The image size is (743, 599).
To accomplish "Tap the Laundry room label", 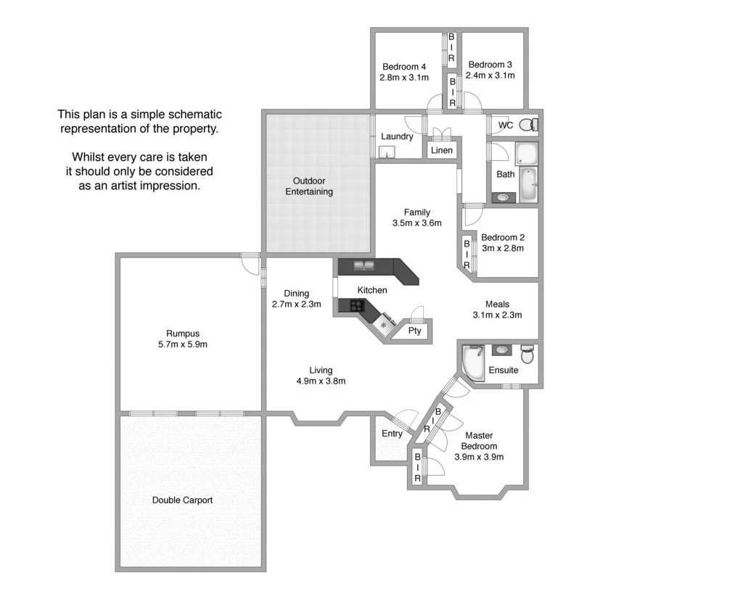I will point(397,136).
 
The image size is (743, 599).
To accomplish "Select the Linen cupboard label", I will point(442,150).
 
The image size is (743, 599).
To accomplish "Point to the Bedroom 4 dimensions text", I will point(404,77).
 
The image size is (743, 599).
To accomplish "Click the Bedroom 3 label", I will point(490,65).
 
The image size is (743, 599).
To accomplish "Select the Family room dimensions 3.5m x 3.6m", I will point(417,223).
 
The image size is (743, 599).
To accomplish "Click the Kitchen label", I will point(372,290).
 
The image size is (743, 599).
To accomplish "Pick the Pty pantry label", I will point(414,331).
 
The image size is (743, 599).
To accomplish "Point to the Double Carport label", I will point(182,500).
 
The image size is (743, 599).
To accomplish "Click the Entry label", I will point(392,434).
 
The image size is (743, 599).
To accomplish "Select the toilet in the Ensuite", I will point(528,355).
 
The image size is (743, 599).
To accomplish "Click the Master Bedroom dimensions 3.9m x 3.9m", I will point(479,457).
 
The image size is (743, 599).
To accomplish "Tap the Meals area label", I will point(497,305).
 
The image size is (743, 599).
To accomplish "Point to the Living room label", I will point(321,371).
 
